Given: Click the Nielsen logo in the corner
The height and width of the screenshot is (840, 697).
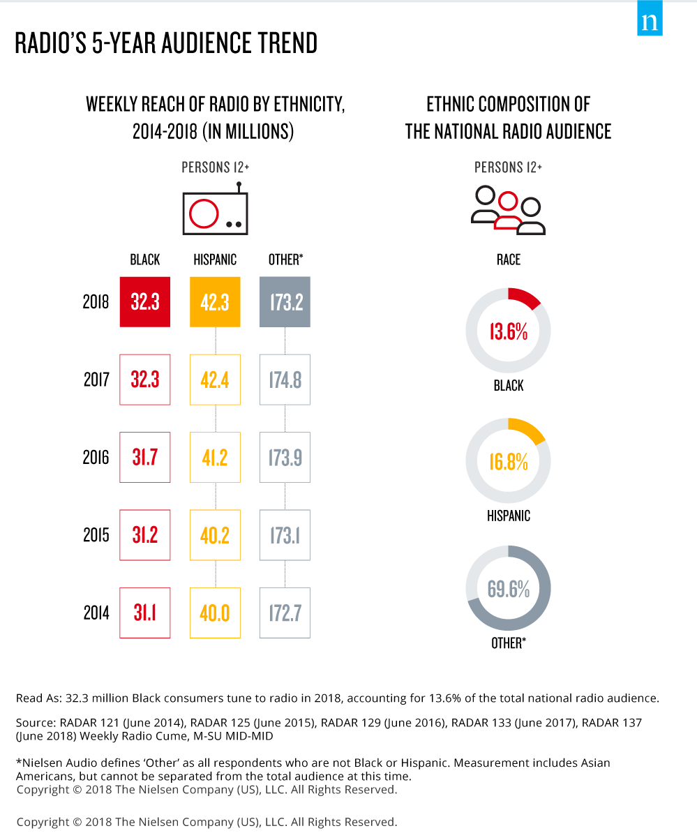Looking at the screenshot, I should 650,22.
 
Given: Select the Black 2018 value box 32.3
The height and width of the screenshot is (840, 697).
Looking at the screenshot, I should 145,302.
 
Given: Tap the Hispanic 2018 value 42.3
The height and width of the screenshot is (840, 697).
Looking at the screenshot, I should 215,302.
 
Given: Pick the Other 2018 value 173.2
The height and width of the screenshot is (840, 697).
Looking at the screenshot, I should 285,302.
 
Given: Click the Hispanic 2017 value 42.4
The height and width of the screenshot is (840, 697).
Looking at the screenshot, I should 215,380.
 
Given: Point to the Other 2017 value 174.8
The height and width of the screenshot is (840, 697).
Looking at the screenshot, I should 285,380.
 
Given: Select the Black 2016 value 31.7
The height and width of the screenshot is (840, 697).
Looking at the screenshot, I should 145,457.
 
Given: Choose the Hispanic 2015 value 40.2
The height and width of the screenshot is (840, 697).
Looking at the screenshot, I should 215,535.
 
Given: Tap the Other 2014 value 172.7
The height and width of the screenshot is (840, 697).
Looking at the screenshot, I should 285,613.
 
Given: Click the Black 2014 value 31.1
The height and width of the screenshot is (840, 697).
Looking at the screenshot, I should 145,613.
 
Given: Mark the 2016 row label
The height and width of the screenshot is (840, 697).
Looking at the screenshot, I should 96,458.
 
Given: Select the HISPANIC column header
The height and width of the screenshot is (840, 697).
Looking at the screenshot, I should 215,260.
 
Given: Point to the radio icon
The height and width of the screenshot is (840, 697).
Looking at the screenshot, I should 215,210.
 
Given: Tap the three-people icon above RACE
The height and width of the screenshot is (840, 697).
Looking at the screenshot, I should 508,210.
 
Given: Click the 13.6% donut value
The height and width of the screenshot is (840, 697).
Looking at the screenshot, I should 508,331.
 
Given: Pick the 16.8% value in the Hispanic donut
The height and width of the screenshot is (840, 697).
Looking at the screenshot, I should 508,461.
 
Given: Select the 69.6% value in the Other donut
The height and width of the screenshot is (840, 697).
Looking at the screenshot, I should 508,589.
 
